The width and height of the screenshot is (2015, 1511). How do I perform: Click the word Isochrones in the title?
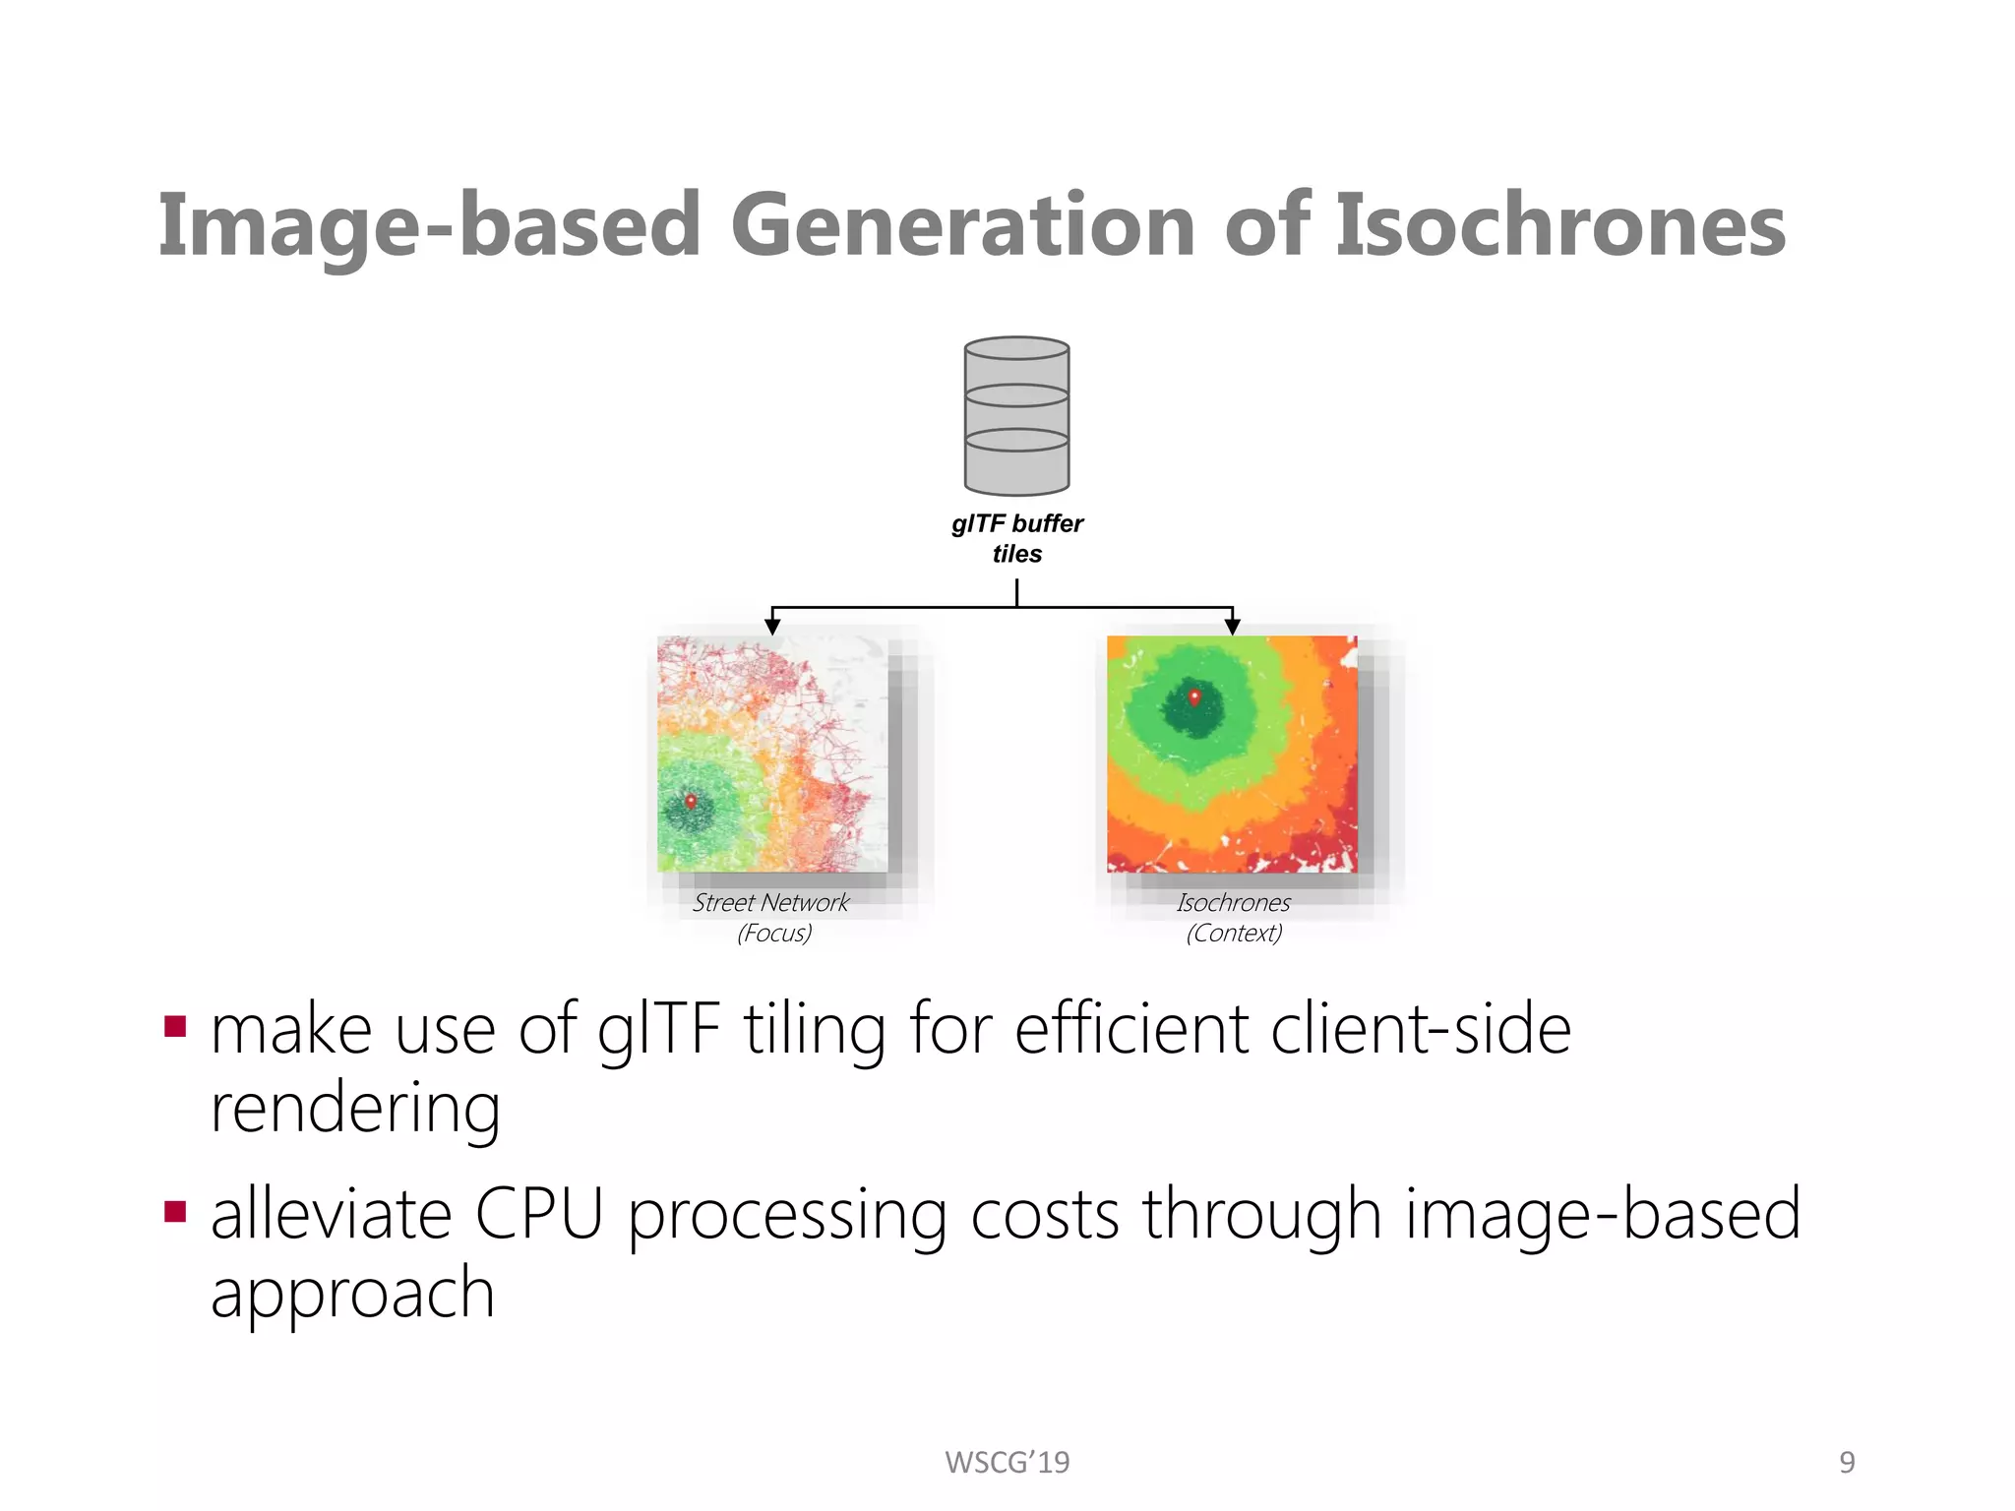click(1559, 225)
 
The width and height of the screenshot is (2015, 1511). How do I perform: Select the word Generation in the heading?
click(963, 225)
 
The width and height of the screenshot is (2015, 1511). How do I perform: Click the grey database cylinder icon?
click(1016, 415)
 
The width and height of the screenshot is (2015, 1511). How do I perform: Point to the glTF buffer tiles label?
click(1016, 538)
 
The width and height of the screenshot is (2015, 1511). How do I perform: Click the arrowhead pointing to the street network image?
click(772, 626)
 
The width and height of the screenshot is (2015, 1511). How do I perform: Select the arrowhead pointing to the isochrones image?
click(1232, 626)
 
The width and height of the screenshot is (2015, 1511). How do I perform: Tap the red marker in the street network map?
click(691, 802)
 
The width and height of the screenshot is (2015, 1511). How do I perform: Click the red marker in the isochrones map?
click(1194, 697)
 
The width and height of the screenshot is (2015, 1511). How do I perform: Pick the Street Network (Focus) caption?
click(772, 917)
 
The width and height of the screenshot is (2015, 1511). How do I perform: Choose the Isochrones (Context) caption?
click(1234, 917)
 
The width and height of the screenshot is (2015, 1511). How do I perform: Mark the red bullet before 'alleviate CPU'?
click(176, 1211)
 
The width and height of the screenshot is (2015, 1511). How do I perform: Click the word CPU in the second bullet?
click(538, 1214)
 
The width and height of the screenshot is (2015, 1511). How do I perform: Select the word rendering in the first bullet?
click(355, 1110)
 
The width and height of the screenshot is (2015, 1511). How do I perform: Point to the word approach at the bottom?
click(352, 1294)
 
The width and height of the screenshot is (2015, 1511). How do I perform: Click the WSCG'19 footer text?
click(1007, 1463)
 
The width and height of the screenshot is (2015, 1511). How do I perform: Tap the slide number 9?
click(1847, 1463)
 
